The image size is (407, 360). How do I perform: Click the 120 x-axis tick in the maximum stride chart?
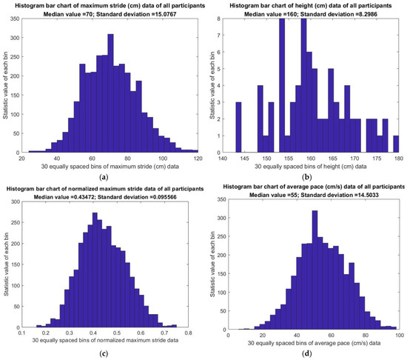(198, 158)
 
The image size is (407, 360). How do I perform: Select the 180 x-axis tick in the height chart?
(399, 158)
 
